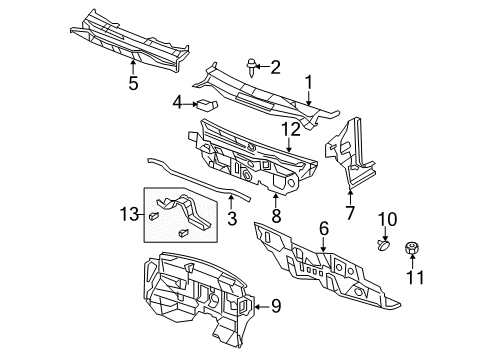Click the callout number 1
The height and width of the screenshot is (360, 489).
pos(310,83)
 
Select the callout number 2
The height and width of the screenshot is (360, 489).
pos(277,67)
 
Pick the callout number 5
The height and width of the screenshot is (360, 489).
pos(134,84)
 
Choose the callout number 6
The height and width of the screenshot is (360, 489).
pos(324,229)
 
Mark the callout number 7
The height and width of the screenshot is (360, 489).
pos(350,213)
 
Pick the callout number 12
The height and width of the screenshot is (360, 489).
pos(290,129)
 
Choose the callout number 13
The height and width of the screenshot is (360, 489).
pos(129,215)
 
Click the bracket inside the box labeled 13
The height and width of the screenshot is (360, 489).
pos(189,213)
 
